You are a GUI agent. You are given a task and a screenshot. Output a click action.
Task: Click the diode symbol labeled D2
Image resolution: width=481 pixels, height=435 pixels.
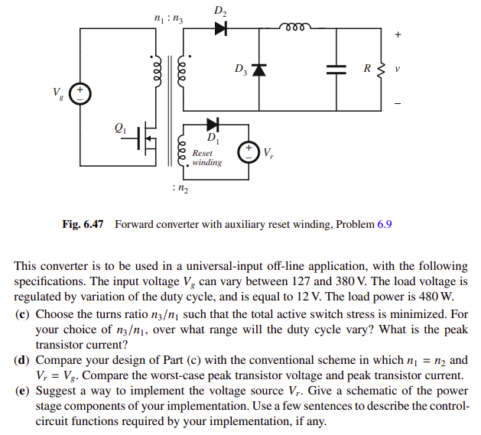221,28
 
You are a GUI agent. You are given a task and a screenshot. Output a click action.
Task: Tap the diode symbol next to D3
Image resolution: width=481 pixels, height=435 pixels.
258,70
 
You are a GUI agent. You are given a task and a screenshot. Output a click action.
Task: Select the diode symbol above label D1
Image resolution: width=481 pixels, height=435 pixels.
213,124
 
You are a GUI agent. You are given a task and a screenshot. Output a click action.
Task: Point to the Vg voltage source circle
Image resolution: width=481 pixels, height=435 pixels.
80,95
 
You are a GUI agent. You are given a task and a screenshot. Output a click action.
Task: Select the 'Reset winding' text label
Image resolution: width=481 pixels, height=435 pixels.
206,157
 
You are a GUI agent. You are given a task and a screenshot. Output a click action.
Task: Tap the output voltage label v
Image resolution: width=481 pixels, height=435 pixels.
396,69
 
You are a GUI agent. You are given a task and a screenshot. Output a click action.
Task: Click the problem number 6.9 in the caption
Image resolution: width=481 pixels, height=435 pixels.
385,225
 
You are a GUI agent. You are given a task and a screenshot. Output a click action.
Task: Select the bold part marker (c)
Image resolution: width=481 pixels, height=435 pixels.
23,314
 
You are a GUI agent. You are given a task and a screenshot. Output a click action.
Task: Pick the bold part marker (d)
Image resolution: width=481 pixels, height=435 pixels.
23,359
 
